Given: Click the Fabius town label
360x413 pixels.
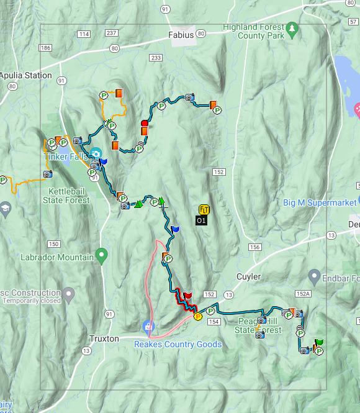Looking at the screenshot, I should tap(181, 35).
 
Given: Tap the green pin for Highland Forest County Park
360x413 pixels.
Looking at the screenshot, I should tap(291, 29).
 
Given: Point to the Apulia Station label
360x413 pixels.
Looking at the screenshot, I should tap(26, 75).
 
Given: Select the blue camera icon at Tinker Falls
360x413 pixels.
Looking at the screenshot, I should tap(96, 153).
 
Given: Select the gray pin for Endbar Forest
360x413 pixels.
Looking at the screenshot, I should tap(313, 276).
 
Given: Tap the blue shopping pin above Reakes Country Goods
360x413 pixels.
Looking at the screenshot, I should tap(148, 325).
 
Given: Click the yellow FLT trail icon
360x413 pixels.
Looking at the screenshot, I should tap(203, 210).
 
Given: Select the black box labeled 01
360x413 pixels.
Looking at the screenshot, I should tap(201, 220).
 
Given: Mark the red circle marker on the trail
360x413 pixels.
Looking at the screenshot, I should tap(145, 123).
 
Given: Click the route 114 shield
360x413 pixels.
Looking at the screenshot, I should tap(84, 34).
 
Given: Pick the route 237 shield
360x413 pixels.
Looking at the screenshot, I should tap(111, 33).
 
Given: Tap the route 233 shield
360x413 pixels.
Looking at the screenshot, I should tap(155, 58).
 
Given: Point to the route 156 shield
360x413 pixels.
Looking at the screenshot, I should tap(254, 247).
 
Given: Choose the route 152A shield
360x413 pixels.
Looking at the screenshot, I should tap(302, 294).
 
